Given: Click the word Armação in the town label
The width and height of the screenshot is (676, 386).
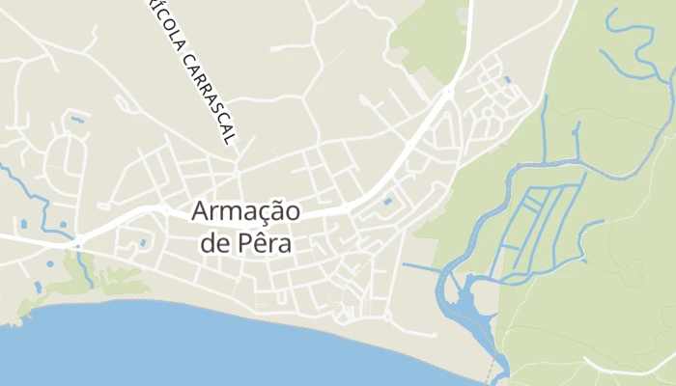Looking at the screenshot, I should [245, 211].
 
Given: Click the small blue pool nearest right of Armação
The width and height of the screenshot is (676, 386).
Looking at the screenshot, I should [387, 202].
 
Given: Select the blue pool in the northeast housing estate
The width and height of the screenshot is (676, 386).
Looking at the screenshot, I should [506, 79].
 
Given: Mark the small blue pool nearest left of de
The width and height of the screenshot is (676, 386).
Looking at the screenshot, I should [142, 242].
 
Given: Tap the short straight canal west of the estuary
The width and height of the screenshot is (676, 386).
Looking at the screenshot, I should [421, 266].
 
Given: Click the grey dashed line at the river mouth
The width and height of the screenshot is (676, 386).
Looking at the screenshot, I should [494, 372].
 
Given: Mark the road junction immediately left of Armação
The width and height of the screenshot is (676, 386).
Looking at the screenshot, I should [166, 208].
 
